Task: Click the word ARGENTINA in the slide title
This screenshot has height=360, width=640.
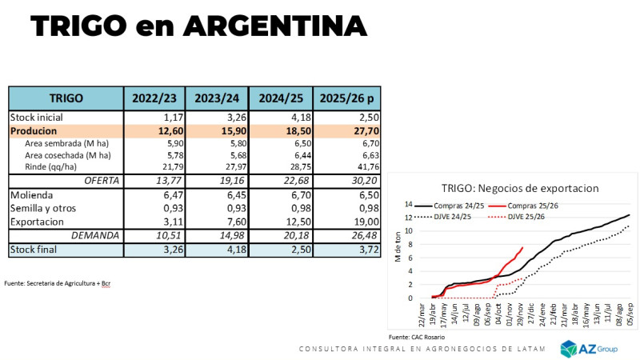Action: (275, 26)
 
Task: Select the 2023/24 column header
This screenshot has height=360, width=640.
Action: (217, 98)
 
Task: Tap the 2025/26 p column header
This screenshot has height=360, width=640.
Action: (346, 98)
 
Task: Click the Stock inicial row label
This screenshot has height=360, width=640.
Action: (38, 118)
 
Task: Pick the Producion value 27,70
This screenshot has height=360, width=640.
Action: (363, 130)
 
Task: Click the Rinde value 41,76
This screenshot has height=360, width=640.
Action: (365, 166)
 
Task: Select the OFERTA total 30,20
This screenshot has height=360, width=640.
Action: (363, 181)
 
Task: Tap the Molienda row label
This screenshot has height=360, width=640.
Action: (32, 195)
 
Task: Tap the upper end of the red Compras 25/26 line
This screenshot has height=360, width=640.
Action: (522, 248)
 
